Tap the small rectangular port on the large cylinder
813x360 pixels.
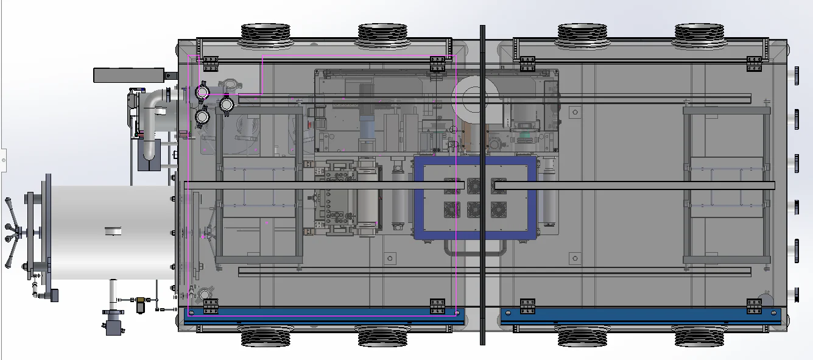[113, 230]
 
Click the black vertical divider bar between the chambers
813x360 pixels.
[482, 183]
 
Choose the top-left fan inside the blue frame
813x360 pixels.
[452, 185]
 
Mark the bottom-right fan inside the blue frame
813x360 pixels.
[498, 210]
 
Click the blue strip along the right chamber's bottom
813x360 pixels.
[639, 317]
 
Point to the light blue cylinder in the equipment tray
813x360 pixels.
[369, 129]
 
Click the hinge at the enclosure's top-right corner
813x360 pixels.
[755, 63]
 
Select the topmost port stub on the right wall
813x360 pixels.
[796, 74]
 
